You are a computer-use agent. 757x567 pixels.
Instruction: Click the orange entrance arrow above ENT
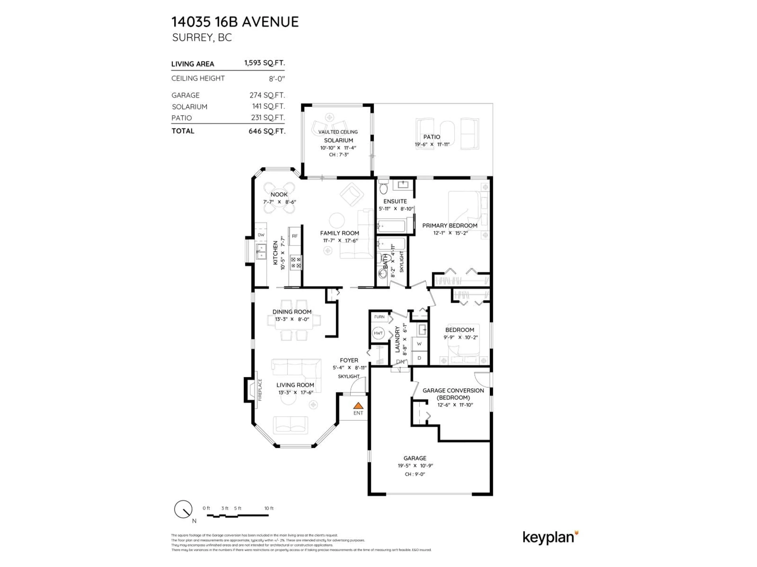point(358,406)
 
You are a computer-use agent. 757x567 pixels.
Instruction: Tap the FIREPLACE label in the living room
point(260,390)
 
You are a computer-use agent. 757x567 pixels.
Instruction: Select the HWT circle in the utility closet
point(378,333)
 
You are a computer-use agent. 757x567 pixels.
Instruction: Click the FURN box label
point(379,317)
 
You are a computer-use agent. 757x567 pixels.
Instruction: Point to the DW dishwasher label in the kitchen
point(261,235)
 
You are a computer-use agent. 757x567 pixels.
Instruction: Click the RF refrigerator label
point(295,236)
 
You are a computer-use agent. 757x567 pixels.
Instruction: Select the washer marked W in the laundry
point(419,344)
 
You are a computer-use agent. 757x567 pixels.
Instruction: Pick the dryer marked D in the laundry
point(419,358)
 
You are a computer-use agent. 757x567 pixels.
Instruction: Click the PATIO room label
point(432,137)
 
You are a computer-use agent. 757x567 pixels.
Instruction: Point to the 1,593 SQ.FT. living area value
point(264,63)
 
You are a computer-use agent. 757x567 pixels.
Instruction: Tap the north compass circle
point(183,510)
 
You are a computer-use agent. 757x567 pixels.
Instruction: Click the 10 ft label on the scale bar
point(269,508)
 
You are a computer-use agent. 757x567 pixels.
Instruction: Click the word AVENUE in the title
point(270,22)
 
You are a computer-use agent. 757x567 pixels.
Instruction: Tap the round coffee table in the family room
point(337,220)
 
